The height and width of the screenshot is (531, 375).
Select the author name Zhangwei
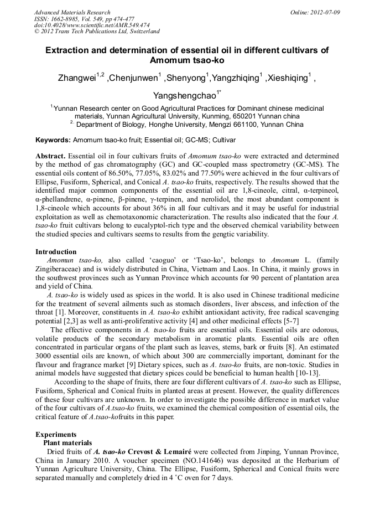point(77,78)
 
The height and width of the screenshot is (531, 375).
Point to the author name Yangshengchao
point(186,96)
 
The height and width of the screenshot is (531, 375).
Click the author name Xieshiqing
point(287,78)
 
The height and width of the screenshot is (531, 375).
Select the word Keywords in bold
point(53,141)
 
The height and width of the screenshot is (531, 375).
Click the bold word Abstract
point(51,157)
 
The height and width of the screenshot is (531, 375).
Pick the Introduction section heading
point(56,252)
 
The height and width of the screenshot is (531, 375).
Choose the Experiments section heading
point(56,434)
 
